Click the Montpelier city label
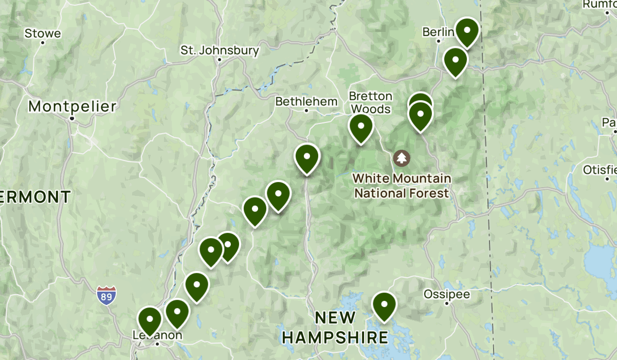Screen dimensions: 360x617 pos(72,106)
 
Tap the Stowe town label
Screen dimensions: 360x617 pos(43,34)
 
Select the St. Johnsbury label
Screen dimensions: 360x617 pos(220,50)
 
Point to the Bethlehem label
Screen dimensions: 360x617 pos(306,101)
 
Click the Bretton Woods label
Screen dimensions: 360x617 pos(370,102)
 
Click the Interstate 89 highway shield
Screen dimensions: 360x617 pos(106,295)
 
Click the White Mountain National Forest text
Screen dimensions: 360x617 pos(402,186)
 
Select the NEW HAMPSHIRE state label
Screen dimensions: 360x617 pos(335,328)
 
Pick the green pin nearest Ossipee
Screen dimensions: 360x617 pos(384,305)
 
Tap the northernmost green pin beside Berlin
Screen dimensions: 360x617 pos(467,31)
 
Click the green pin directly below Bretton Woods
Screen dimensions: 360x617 pos(361,127)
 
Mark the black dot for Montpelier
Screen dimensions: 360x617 pos(72,118)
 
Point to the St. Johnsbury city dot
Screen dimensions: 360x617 pos(220,60)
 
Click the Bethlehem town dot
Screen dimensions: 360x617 pos(307,110)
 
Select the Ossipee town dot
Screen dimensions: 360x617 pos(447,303)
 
